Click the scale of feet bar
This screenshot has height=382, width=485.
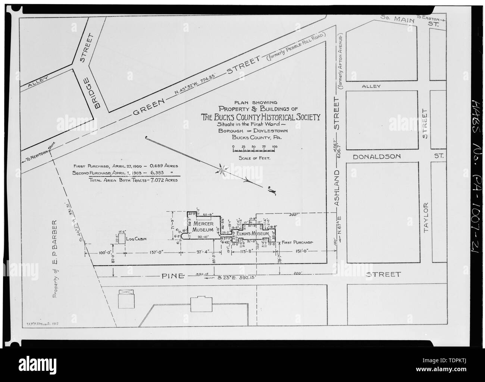[254, 150]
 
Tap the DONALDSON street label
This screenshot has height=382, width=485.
[377, 156]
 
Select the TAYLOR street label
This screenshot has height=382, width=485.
[428, 218]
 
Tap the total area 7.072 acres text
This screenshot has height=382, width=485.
[133, 180]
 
